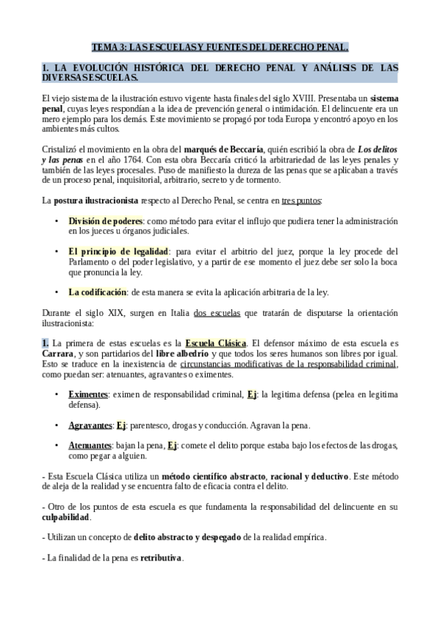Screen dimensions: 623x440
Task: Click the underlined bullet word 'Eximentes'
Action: point(88,395)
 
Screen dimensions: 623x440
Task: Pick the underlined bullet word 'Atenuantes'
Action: point(90,445)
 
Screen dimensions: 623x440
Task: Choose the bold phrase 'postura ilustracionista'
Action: point(96,200)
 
